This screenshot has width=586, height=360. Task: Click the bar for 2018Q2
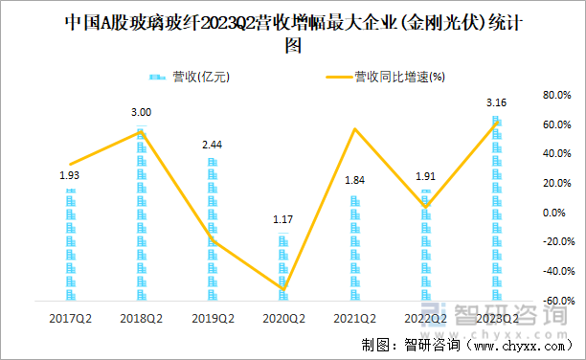pos(141,214)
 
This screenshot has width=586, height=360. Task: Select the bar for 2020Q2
pos(283,267)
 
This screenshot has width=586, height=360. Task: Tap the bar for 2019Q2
pos(213,229)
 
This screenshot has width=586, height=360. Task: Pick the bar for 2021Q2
pos(355,248)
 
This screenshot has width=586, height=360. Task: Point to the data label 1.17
pos(283,219)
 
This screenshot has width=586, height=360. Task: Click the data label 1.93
pos(70,175)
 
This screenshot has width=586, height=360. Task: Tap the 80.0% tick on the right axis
pos(556,96)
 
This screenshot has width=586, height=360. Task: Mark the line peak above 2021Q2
pos(355,129)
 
